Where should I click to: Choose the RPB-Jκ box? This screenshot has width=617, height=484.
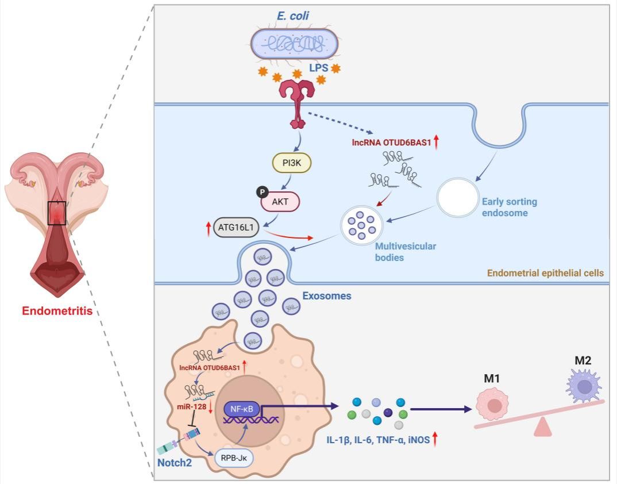(x=235, y=459)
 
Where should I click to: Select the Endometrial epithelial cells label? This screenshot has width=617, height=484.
(x=545, y=274)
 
